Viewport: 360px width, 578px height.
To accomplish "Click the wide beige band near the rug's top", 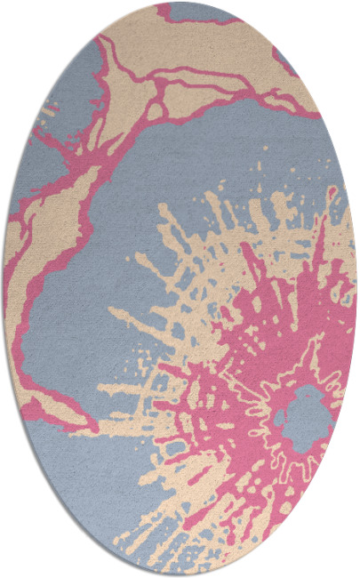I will point(204,53).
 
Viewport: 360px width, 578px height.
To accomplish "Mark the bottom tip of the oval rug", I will point(180,574).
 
